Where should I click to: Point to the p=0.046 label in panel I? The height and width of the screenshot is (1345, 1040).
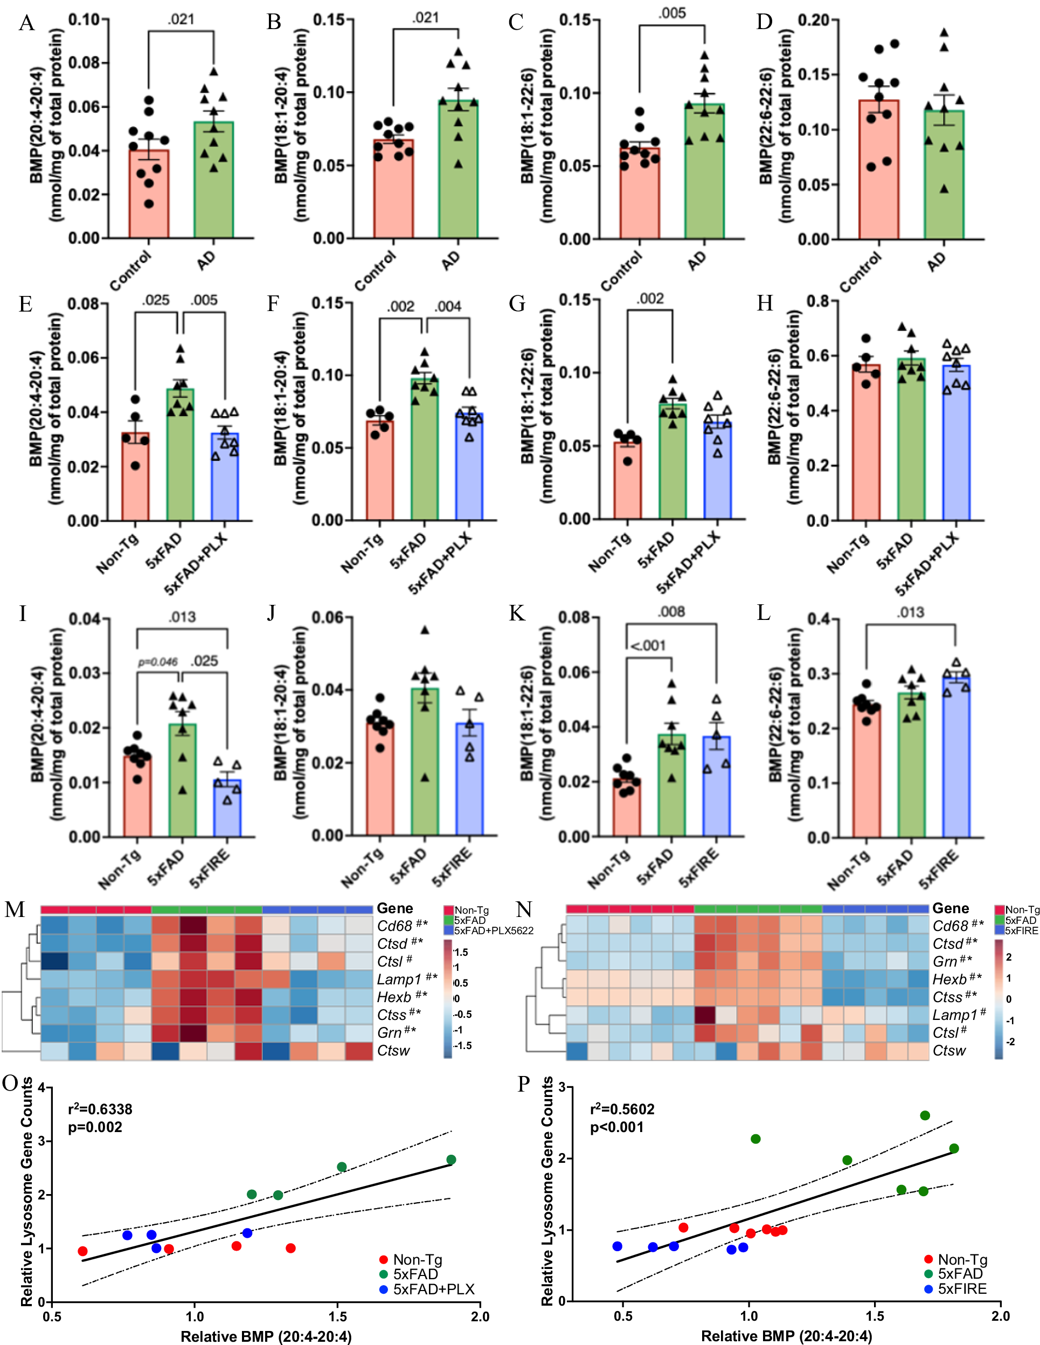point(158,662)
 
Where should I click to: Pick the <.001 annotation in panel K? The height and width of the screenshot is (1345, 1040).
point(648,645)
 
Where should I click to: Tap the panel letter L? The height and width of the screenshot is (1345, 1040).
point(764,613)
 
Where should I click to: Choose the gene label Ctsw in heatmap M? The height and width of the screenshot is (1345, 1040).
point(393,1051)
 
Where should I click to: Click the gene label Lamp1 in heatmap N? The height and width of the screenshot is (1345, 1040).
point(955,1015)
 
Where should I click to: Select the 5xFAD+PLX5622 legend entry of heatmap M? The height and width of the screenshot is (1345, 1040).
point(493,930)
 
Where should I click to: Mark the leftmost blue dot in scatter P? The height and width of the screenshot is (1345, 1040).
point(618,1246)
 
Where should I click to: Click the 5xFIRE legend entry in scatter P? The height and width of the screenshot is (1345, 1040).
point(962,1289)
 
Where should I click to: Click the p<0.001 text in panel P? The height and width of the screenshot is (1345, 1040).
point(617,1127)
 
